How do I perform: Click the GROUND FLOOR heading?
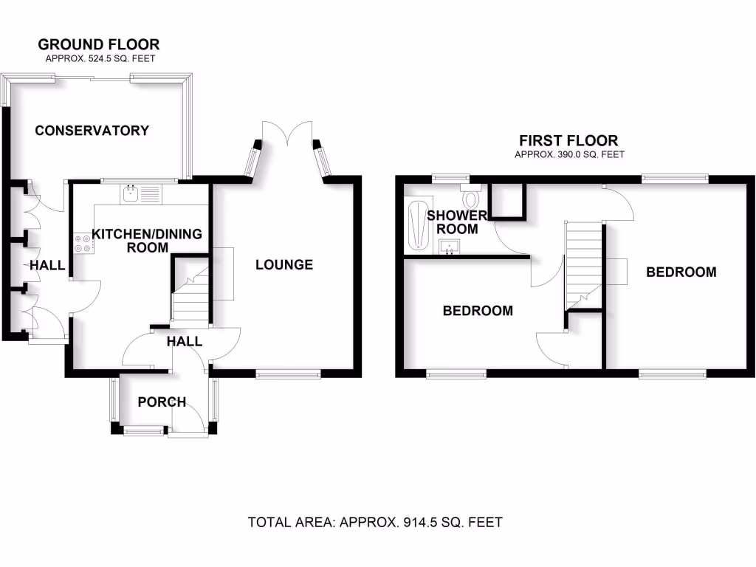pyautogui.click(x=98, y=45)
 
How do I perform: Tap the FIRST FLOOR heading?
pyautogui.click(x=568, y=140)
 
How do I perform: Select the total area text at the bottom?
pyautogui.click(x=375, y=523)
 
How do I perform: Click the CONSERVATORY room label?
pyautogui.click(x=92, y=131)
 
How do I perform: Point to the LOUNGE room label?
pyautogui.click(x=284, y=264)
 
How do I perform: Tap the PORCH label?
pyautogui.click(x=162, y=402)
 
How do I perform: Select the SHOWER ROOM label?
pyautogui.click(x=457, y=222)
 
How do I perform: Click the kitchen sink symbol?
pyautogui.click(x=140, y=194)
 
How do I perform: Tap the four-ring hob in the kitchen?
pyautogui.click(x=82, y=243)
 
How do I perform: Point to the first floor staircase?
pyautogui.click(x=584, y=266)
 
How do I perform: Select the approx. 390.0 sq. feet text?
pyautogui.click(x=569, y=154)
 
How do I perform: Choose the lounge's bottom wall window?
pyautogui.click(x=289, y=374)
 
